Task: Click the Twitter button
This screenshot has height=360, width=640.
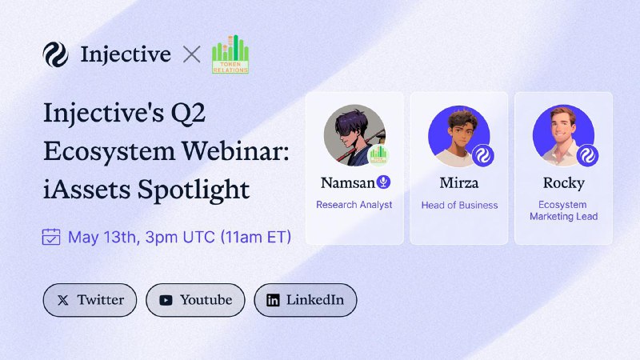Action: pyautogui.click(x=90, y=300)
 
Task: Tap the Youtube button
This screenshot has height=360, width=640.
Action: pyautogui.click(x=195, y=300)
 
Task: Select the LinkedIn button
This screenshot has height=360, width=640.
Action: pyautogui.click(x=306, y=300)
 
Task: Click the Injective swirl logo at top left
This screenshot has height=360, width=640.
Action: pyautogui.click(x=55, y=54)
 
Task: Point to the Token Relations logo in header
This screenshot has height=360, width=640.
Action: pyautogui.click(x=230, y=54)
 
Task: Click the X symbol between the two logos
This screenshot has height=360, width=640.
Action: pyautogui.click(x=191, y=54)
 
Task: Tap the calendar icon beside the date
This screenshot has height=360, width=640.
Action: pyautogui.click(x=51, y=237)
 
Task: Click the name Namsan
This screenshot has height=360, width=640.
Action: pyautogui.click(x=348, y=183)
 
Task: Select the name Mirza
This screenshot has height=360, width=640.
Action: pyautogui.click(x=459, y=183)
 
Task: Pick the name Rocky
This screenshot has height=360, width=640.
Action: pyautogui.click(x=564, y=183)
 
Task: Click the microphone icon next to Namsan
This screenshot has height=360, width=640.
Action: pyautogui.click(x=383, y=182)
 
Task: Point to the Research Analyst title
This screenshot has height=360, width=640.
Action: pyautogui.click(x=354, y=205)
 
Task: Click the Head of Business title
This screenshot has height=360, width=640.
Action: pyautogui.click(x=459, y=206)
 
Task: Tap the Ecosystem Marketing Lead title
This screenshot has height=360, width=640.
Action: pyautogui.click(x=564, y=210)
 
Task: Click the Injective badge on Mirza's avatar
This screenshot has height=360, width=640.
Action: pyautogui.click(x=483, y=155)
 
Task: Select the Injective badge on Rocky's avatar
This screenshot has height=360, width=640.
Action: pyautogui.click(x=587, y=155)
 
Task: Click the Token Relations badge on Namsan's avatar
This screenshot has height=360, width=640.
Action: pyautogui.click(x=378, y=155)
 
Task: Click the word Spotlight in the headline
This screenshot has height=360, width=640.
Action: pyautogui.click(x=194, y=190)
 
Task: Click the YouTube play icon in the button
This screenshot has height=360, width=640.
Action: pyautogui.click(x=166, y=301)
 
